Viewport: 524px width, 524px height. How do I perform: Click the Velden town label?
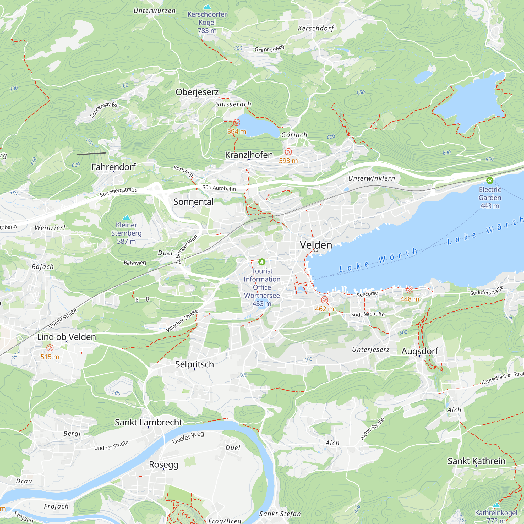click(x=316, y=245)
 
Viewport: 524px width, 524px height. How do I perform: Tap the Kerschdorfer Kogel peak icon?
click(x=207, y=7)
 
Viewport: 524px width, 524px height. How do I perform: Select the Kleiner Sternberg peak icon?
click(x=126, y=217)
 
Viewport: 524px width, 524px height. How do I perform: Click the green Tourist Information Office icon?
click(x=262, y=262)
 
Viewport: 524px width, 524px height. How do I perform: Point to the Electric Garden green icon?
click(x=490, y=180)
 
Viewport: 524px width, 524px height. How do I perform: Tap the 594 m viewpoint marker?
click(x=237, y=123)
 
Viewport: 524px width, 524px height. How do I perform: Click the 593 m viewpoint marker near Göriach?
click(x=288, y=152)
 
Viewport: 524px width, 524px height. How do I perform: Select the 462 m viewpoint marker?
click(x=324, y=300)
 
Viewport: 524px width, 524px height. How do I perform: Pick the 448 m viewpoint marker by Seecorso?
click(x=410, y=290)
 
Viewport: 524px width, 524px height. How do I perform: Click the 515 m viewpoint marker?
click(x=50, y=348)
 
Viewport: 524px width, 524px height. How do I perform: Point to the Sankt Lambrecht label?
click(x=148, y=422)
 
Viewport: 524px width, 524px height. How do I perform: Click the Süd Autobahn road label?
click(x=219, y=188)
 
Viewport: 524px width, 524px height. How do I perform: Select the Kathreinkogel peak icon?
click(x=496, y=505)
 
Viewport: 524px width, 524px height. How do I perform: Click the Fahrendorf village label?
click(x=113, y=167)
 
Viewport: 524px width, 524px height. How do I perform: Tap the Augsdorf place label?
click(x=419, y=351)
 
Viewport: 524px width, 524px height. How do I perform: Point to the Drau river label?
click(x=24, y=481)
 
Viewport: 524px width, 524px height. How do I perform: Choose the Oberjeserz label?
click(x=197, y=92)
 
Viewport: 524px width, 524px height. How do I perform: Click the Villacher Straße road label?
click(x=182, y=321)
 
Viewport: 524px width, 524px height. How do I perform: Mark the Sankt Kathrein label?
click(x=476, y=461)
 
